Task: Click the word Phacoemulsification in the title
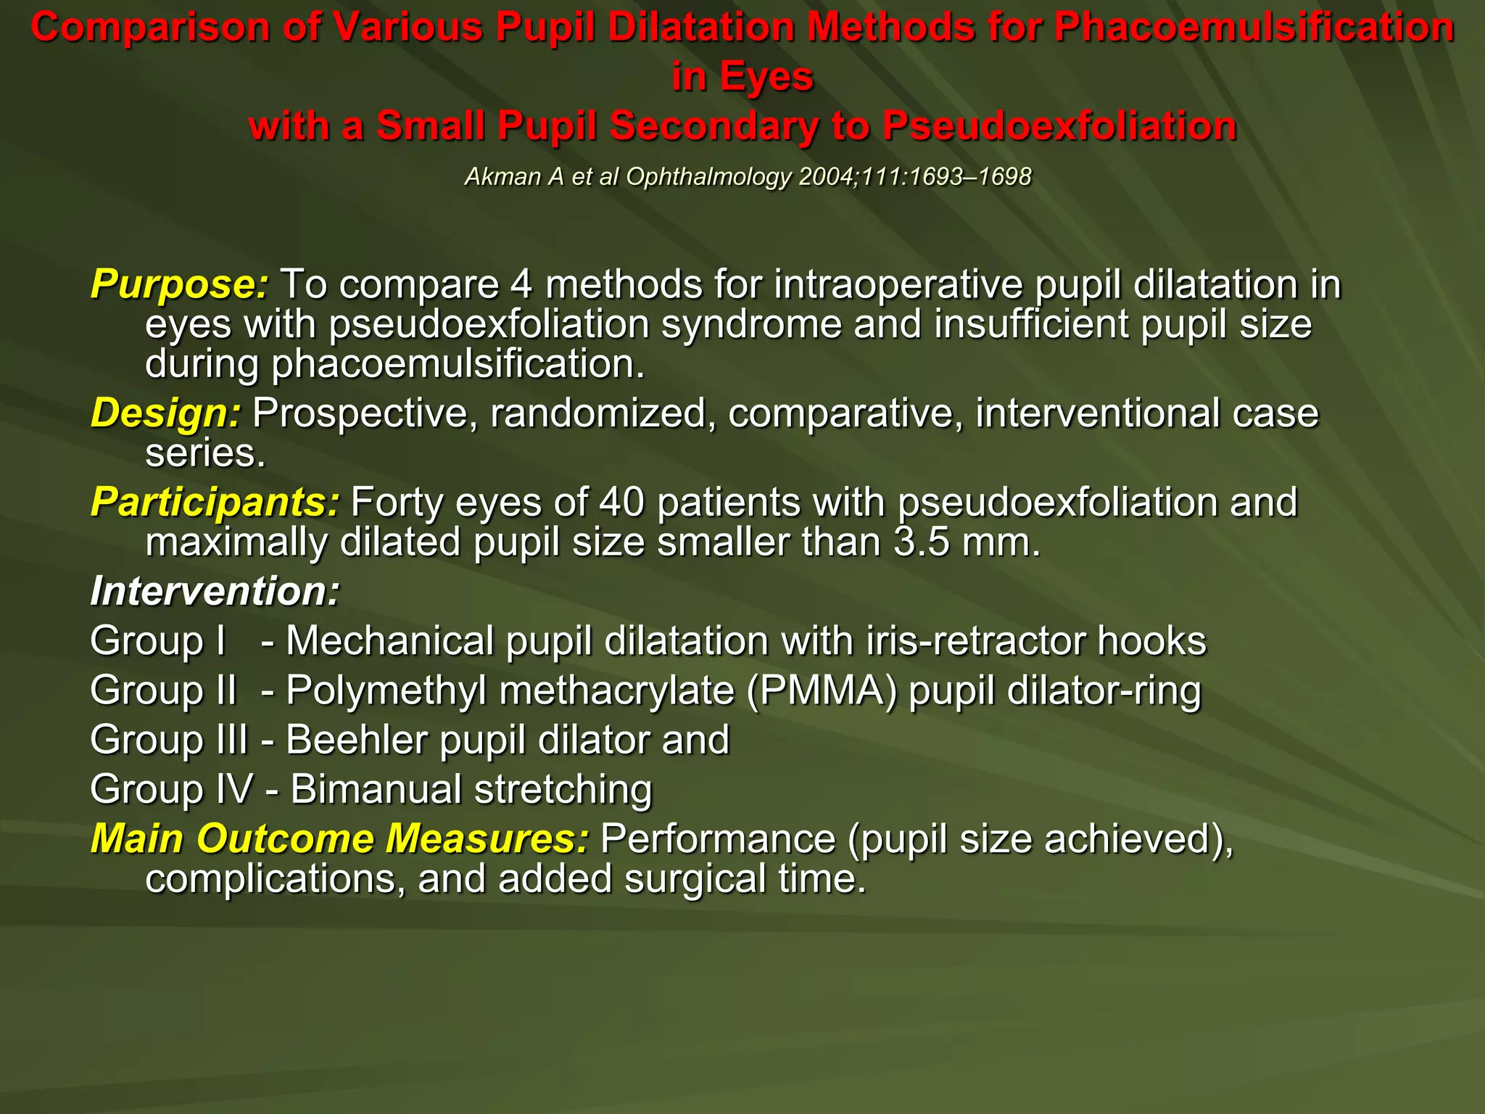tap(1254, 28)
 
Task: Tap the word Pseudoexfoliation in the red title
tap(1059, 126)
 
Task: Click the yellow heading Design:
tap(165, 413)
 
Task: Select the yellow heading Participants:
tap(215, 502)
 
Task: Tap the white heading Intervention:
tap(215, 591)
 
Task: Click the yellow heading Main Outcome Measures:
tap(339, 838)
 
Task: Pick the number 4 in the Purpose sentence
tap(521, 284)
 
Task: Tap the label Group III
tap(168, 740)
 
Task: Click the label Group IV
tap(172, 789)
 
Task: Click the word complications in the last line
tap(275, 879)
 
